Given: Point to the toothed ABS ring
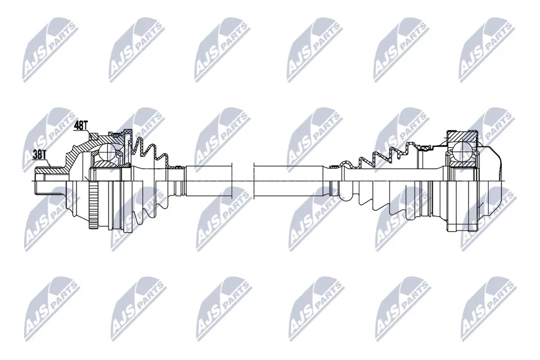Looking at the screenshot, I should pos(93,206).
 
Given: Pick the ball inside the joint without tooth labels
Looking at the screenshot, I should pos(461,151).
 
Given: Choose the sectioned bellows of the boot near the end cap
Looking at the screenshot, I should pos(388,153).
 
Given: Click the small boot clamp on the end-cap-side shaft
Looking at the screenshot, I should pos(336,165).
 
